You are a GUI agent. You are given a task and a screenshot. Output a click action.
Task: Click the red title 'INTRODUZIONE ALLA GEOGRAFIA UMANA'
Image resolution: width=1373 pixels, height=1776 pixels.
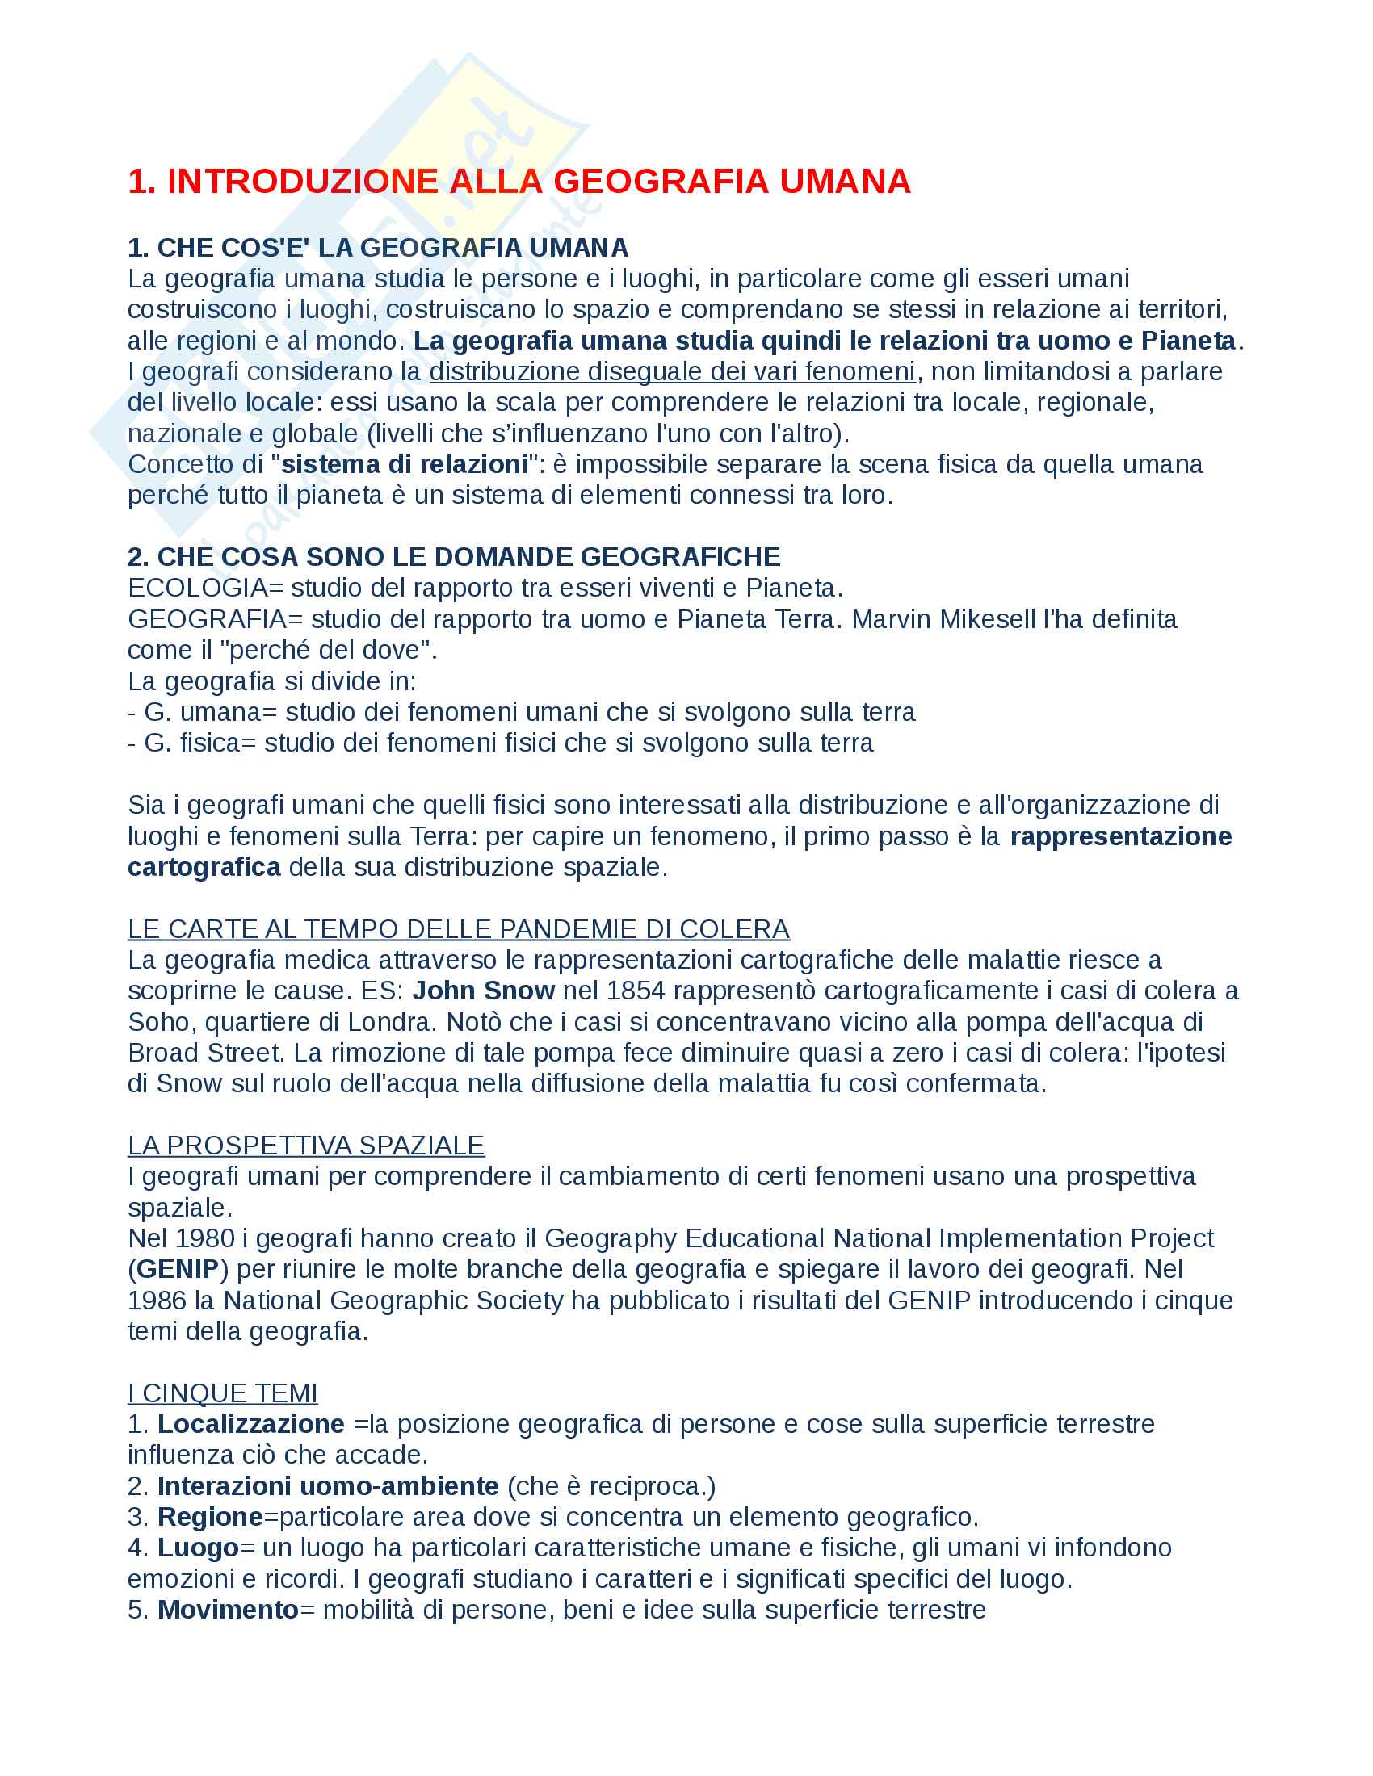coord(538,182)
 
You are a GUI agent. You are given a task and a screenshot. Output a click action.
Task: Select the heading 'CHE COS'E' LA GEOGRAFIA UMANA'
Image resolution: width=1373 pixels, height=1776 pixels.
coord(392,247)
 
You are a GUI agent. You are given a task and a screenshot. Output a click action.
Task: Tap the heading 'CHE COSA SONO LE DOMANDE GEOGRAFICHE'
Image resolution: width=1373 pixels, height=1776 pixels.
coord(468,557)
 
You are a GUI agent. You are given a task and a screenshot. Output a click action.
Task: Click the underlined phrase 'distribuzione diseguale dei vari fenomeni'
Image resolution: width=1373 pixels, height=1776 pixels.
coord(672,371)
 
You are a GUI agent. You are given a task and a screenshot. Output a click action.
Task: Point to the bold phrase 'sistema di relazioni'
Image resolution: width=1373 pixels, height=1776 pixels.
coord(404,464)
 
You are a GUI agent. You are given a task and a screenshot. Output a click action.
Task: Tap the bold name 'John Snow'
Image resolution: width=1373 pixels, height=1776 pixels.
coord(483,991)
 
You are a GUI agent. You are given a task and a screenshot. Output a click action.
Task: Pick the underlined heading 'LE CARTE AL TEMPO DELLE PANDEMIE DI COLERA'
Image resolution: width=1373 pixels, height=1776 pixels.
coord(458,929)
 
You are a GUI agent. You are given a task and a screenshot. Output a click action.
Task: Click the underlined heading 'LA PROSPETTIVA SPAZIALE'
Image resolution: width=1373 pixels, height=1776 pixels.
coord(306,1146)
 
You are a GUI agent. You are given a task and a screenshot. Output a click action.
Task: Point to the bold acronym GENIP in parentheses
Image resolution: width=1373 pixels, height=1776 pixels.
coord(178,1269)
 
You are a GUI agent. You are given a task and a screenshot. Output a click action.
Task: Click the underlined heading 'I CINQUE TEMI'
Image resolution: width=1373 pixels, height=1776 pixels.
coord(222,1394)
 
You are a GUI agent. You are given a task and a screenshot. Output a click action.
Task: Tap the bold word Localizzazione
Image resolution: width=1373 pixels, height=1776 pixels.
coord(250,1425)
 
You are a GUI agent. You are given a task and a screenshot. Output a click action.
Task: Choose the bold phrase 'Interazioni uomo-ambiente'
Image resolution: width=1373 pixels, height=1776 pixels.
coord(328,1486)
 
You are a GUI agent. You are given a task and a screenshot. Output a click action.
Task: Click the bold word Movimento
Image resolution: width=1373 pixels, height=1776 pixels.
coord(228,1611)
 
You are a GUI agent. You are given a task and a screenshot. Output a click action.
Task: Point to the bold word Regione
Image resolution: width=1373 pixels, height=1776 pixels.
coord(210,1518)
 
